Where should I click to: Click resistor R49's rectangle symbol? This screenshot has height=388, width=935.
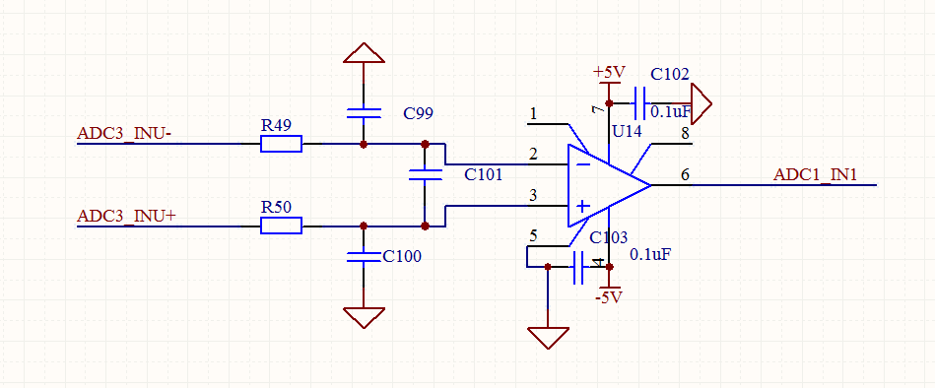click(x=281, y=144)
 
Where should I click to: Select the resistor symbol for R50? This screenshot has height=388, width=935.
click(x=281, y=226)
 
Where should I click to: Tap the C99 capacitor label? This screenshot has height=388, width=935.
click(x=418, y=114)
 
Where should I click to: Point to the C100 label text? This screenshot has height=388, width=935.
click(x=402, y=257)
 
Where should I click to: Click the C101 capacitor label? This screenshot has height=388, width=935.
click(x=483, y=174)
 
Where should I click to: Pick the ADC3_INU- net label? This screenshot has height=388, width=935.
click(x=124, y=133)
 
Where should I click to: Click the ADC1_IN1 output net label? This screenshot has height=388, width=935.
click(x=815, y=174)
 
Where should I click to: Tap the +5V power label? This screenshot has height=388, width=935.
click(x=609, y=73)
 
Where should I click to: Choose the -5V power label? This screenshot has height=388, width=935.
click(x=609, y=296)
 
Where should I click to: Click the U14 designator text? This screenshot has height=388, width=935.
click(x=628, y=132)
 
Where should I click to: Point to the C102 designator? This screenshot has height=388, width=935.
click(x=670, y=74)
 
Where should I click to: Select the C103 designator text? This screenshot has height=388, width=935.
click(x=608, y=237)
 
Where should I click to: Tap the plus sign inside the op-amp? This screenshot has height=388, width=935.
click(x=583, y=206)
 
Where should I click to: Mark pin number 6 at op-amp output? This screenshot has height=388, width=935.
click(x=685, y=174)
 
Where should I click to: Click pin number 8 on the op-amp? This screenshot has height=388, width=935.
click(x=685, y=133)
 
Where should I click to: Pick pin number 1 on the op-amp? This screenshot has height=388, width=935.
click(x=533, y=112)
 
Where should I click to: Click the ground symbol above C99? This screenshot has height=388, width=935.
click(x=364, y=53)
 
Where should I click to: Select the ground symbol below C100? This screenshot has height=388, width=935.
click(x=364, y=318)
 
